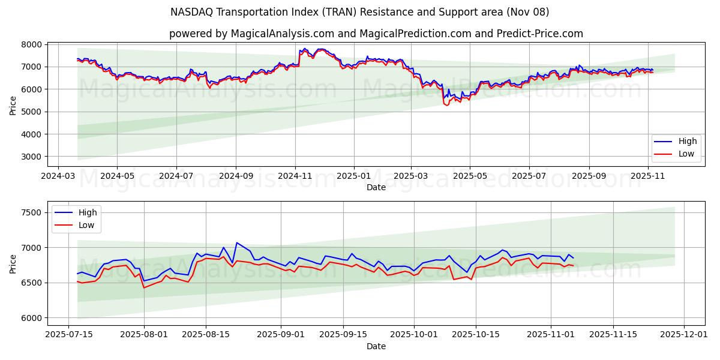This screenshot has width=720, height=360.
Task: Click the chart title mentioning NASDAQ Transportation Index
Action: (x=359, y=12)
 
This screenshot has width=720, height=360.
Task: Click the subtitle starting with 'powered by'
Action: (x=376, y=34)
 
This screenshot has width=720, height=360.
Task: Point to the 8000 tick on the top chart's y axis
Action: (x=32, y=44)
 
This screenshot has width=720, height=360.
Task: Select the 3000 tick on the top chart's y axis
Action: (x=32, y=157)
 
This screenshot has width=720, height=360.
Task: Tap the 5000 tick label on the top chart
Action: (x=32, y=112)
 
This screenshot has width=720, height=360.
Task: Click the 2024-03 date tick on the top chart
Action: (x=58, y=176)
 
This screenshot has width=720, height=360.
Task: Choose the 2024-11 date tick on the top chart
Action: (x=295, y=176)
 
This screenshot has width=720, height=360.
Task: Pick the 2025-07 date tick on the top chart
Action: (x=529, y=176)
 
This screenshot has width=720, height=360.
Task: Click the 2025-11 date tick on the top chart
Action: (x=647, y=176)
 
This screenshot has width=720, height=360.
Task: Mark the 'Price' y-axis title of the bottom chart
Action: (x=13, y=263)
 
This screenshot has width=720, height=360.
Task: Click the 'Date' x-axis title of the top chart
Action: (x=376, y=187)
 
